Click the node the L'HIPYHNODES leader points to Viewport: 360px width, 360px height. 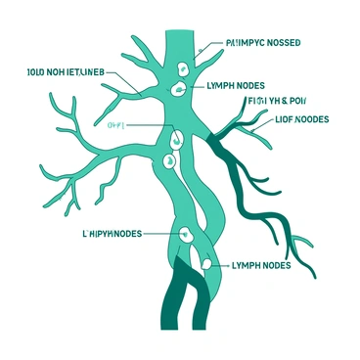point(183,234)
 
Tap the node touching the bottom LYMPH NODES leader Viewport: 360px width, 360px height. point(206,262)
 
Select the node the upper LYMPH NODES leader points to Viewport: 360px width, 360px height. point(178,90)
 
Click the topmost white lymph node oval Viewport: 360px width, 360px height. point(182,68)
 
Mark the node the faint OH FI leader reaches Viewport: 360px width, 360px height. point(174,138)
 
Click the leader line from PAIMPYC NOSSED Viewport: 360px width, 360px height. point(208,46)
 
